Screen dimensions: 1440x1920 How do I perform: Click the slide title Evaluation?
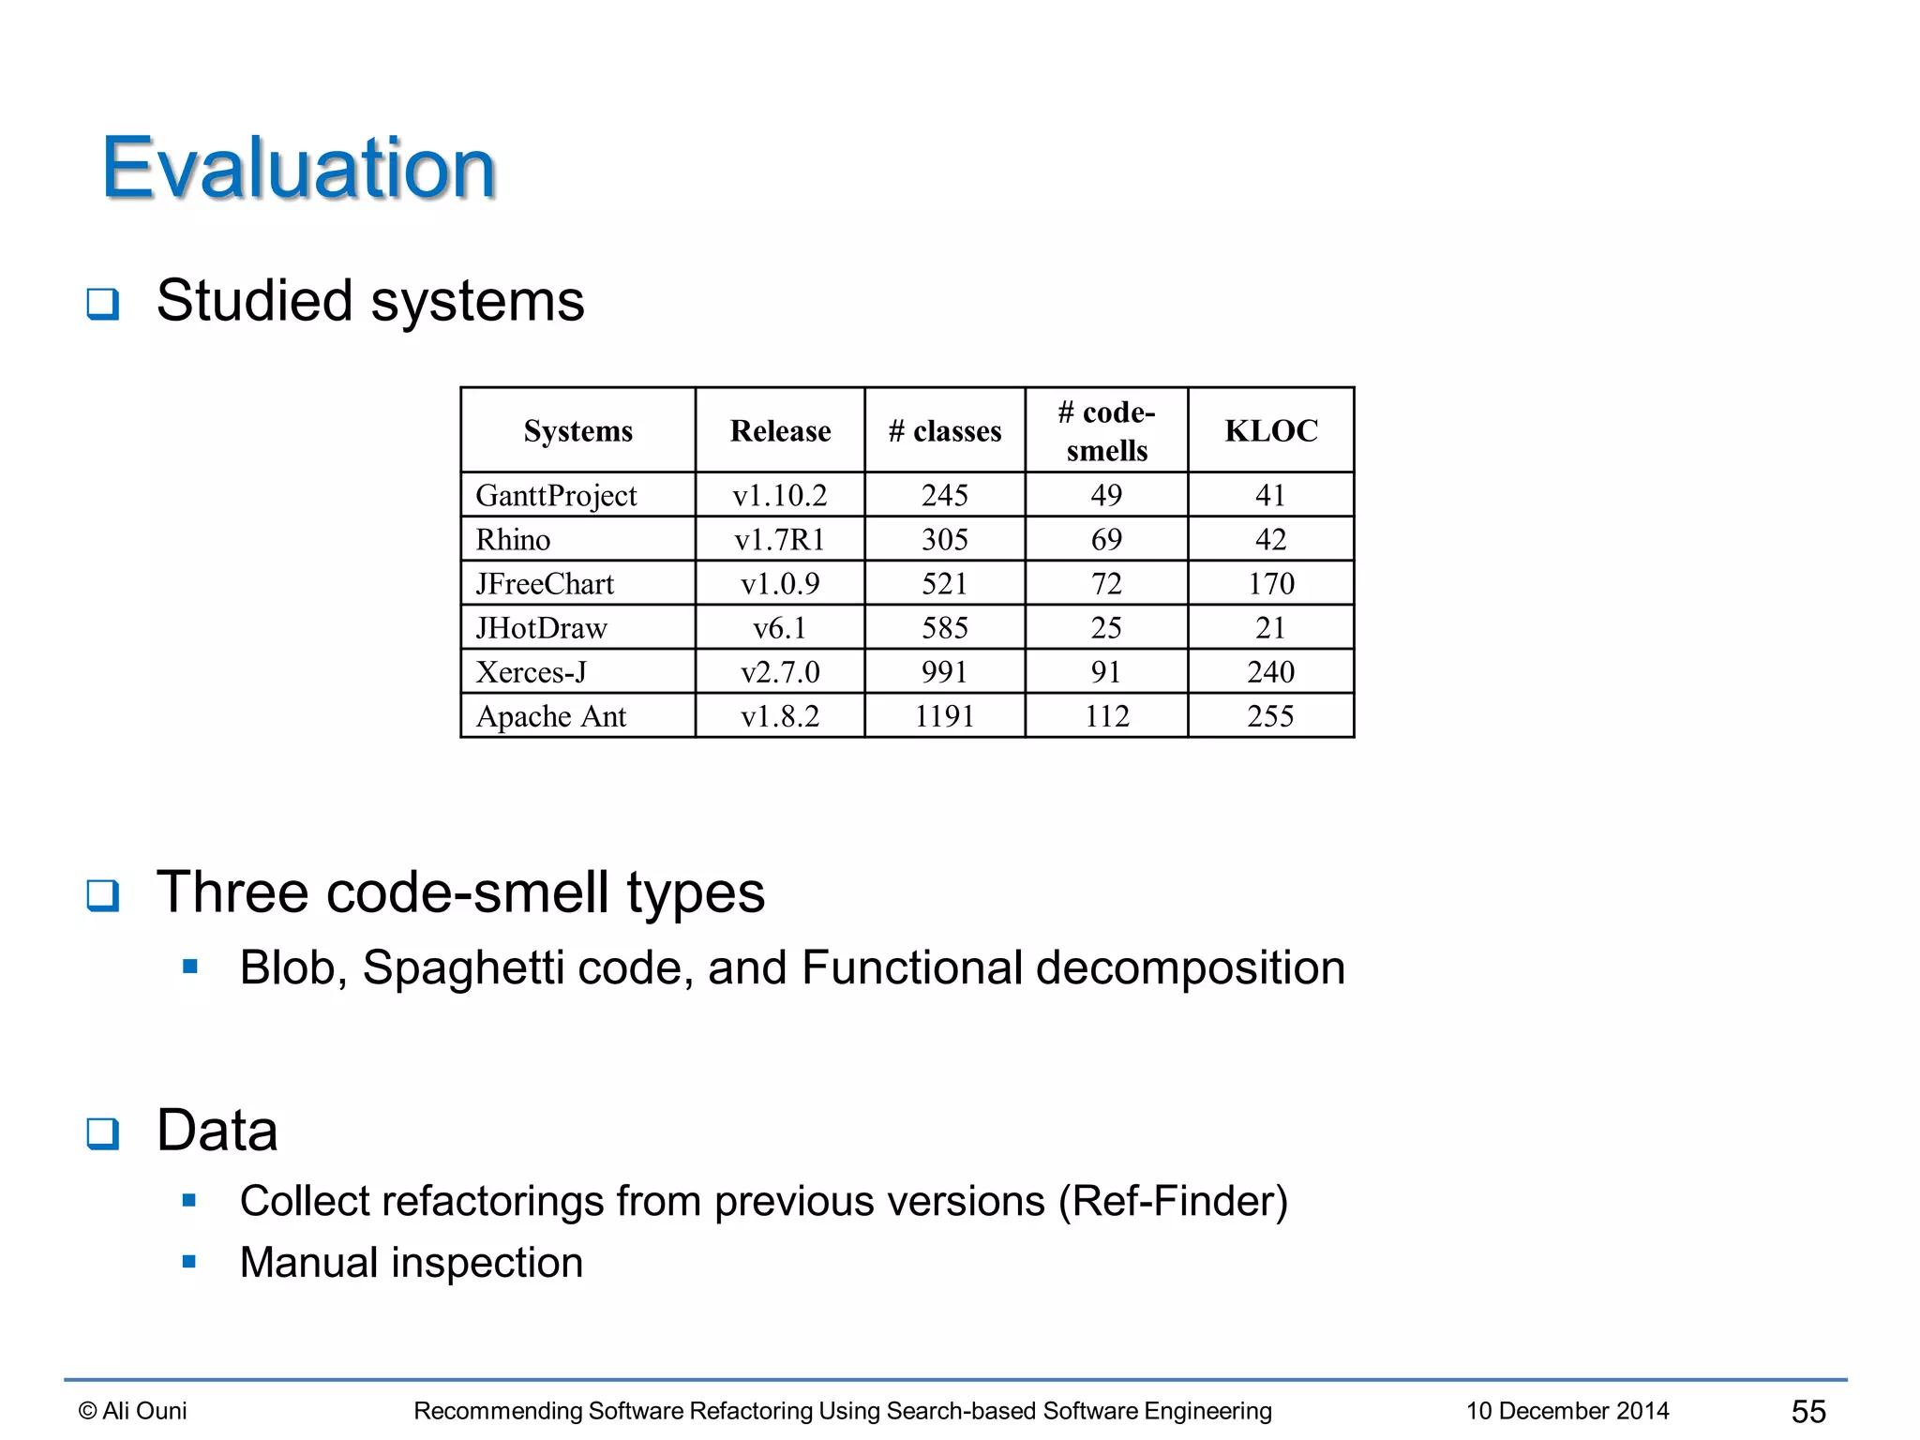[298, 168]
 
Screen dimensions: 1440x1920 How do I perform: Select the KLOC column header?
[1270, 430]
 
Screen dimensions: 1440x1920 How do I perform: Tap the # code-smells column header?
[1106, 430]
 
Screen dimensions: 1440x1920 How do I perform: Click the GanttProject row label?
[556, 495]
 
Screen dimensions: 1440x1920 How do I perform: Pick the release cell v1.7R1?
[779, 539]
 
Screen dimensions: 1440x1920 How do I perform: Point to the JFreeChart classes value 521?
[944, 583]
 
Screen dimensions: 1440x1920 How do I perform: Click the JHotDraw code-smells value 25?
[1106, 627]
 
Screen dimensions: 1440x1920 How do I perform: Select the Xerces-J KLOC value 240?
[1270, 671]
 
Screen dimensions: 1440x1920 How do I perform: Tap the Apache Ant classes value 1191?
[944, 716]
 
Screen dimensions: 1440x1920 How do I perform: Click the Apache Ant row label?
[551, 716]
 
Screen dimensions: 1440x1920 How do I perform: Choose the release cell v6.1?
[779, 627]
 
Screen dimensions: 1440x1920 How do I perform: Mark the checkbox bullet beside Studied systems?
[103, 304]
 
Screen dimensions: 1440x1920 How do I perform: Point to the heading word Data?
[217, 1130]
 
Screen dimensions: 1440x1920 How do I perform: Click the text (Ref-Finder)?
[1173, 1201]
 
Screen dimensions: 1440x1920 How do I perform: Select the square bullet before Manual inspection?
[189, 1262]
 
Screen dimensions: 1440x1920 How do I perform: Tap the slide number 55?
[1808, 1410]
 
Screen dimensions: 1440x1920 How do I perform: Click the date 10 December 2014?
[1567, 1410]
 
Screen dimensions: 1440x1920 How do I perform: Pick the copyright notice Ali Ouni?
[133, 1410]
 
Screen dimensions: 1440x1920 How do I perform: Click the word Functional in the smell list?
[911, 967]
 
